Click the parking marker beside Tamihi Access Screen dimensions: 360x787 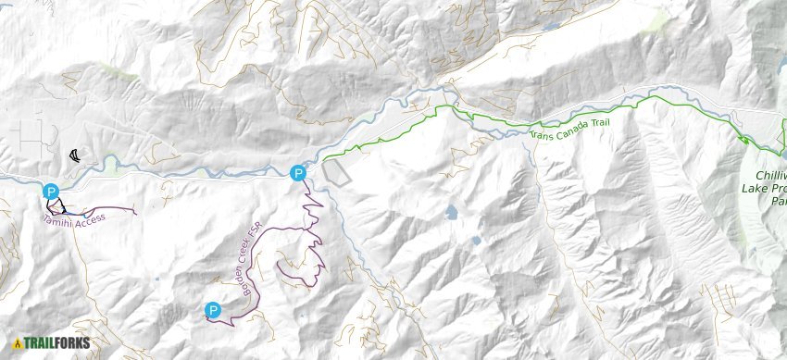pyautogui.click(x=52, y=192)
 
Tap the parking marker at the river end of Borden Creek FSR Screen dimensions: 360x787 pyautogui.click(x=297, y=172)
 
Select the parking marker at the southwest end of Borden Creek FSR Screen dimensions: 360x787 pyautogui.click(x=213, y=310)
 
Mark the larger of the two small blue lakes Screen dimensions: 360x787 pyautogui.click(x=451, y=212)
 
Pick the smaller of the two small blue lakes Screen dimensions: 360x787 pyautogui.click(x=477, y=240)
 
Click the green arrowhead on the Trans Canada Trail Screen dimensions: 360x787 pyautogui.click(x=743, y=140)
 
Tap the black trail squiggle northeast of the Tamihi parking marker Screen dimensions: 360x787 pyautogui.click(x=74, y=155)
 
